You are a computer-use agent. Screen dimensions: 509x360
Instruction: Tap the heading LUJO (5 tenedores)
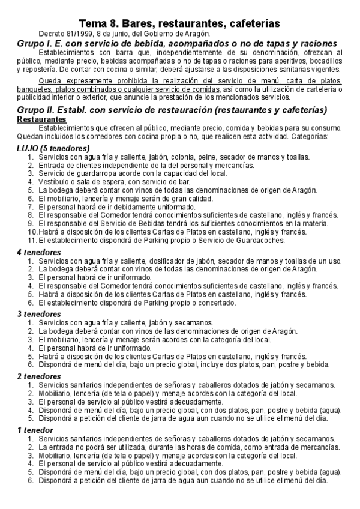pyautogui.click(x=53, y=148)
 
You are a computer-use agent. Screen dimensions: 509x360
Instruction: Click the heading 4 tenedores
pyautogui.click(x=38, y=252)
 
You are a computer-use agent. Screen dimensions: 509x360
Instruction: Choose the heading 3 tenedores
pyautogui.click(x=38, y=313)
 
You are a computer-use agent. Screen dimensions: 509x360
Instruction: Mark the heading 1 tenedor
pyautogui.click(x=35, y=430)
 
